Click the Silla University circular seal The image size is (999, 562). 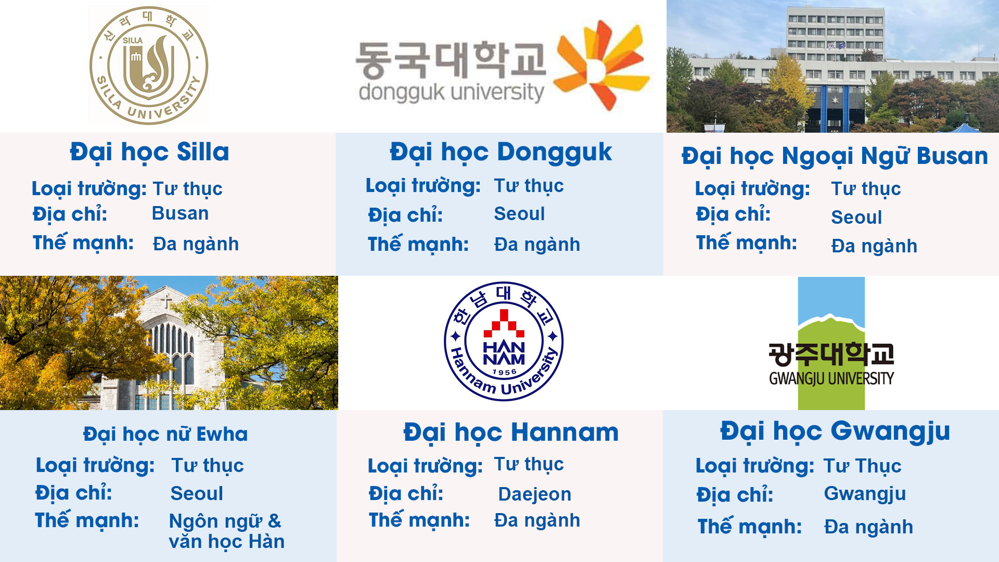149,66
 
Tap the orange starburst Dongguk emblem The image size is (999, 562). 601,65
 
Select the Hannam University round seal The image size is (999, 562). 504,341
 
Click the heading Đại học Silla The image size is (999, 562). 149,152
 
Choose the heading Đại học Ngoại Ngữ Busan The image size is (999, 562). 835,157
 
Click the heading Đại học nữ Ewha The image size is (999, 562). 165,435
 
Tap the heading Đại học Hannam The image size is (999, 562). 511,433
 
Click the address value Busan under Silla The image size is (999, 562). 180,213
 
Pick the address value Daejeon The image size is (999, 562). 534,494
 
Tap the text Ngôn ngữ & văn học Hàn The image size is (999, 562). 226,531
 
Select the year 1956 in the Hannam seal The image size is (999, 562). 504,372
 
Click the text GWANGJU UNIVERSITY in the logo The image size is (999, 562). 831,378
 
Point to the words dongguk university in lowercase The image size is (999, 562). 451,92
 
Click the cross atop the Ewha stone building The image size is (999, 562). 166,301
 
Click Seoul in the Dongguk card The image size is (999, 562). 519,214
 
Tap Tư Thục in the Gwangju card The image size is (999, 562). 862,466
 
